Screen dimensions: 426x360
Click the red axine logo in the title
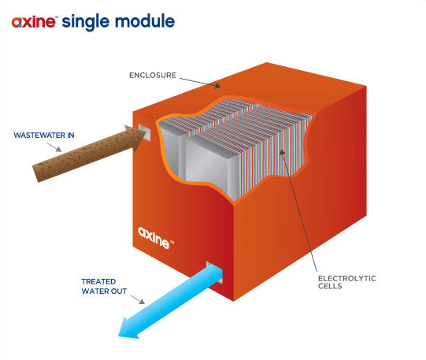click(x=34, y=22)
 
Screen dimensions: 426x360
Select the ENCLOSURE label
click(x=153, y=76)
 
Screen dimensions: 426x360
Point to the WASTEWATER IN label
click(x=44, y=135)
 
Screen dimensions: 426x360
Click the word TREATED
click(x=98, y=281)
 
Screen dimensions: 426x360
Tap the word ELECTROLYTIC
click(x=347, y=279)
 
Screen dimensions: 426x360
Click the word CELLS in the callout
click(x=330, y=286)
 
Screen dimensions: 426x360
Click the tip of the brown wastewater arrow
click(x=146, y=133)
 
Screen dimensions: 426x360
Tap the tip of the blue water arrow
click(x=119, y=336)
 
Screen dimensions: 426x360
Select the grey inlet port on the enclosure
click(x=145, y=132)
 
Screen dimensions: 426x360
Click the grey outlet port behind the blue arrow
click(x=215, y=273)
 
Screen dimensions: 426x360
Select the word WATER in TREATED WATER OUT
click(x=92, y=291)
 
